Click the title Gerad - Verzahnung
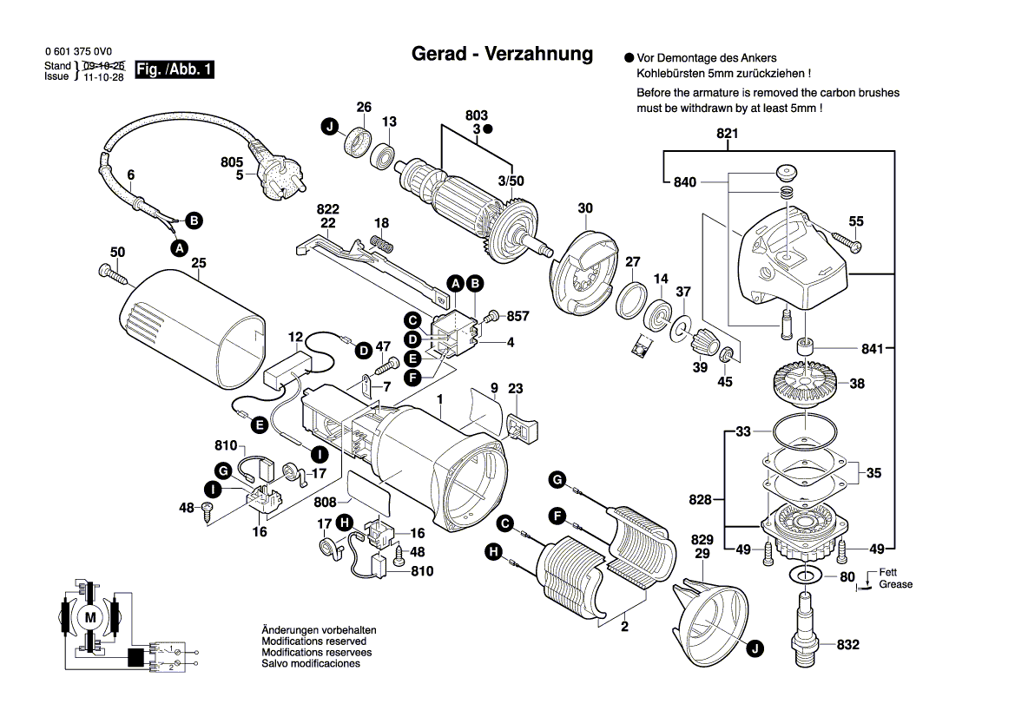point(502,54)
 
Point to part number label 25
point(198,263)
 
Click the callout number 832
point(847,645)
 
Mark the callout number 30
point(585,208)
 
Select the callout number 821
point(727,134)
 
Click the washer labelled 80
point(805,575)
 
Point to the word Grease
point(895,584)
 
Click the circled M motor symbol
point(90,616)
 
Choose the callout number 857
point(517,316)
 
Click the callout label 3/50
point(511,181)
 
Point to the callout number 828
point(701,500)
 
